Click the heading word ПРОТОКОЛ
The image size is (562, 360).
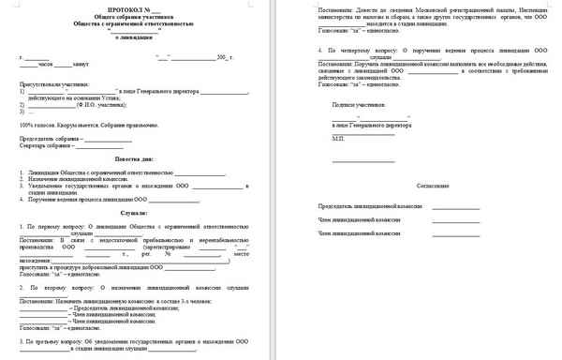(123, 8)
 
